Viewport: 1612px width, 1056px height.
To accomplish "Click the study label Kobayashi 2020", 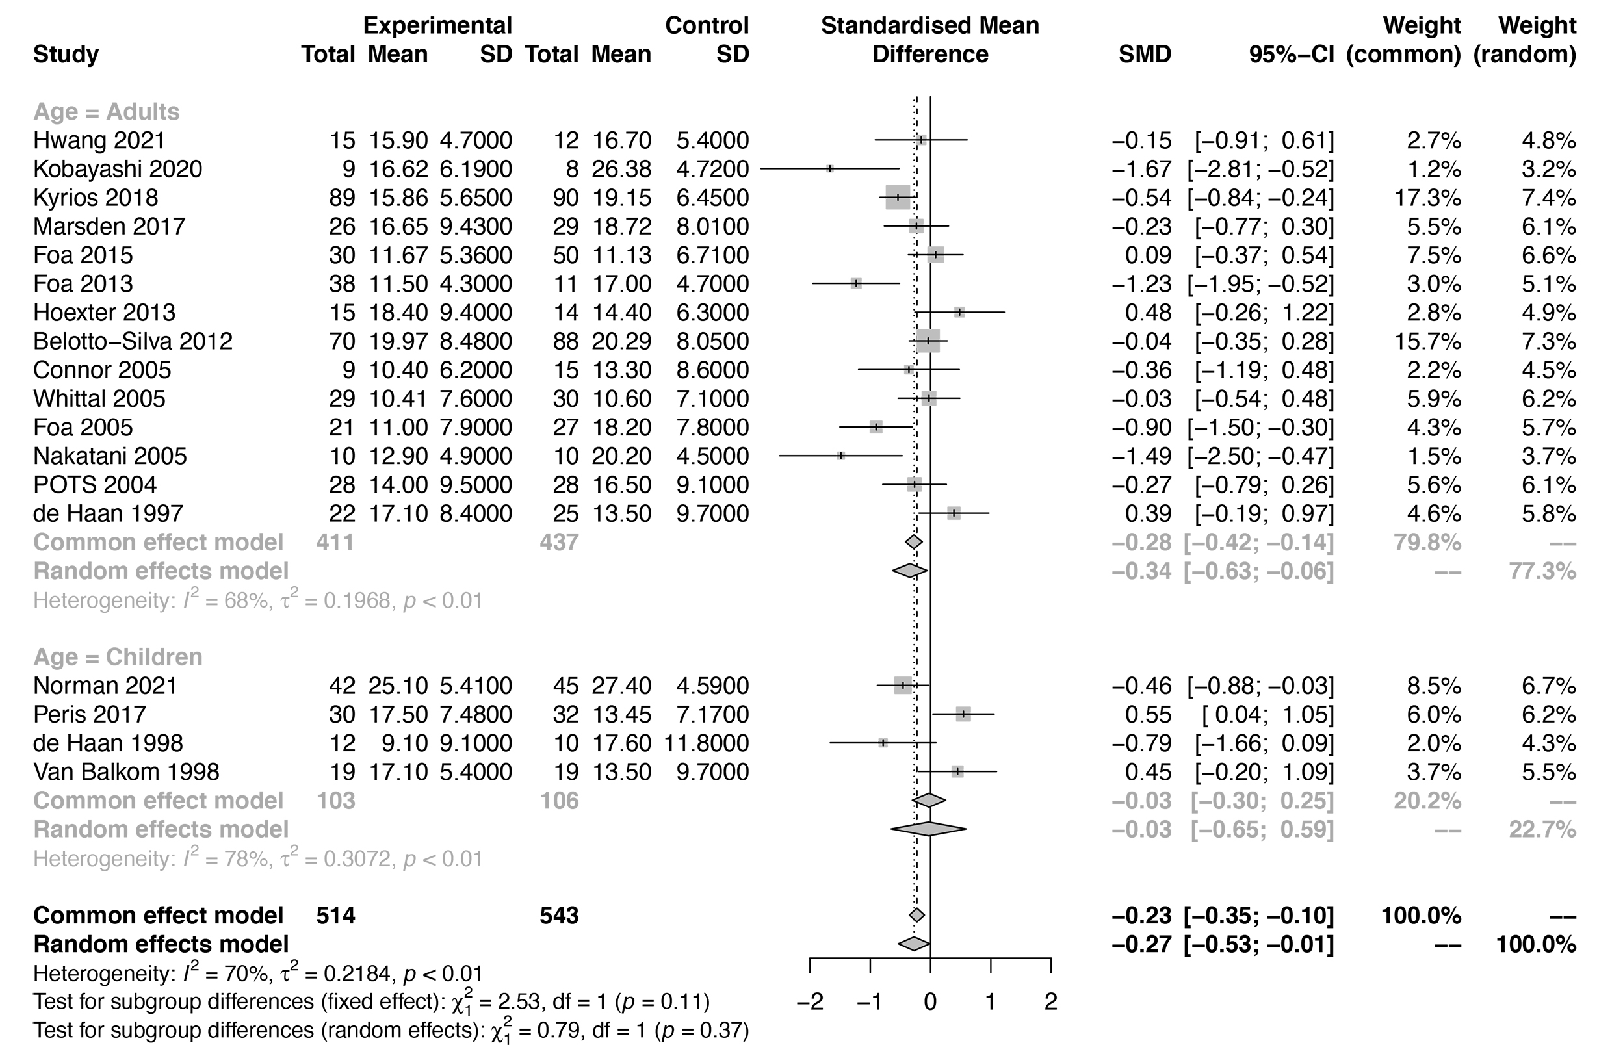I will [x=117, y=169].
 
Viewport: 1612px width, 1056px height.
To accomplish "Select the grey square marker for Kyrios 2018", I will [x=898, y=198].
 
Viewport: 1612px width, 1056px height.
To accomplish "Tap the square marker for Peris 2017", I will [x=963, y=714].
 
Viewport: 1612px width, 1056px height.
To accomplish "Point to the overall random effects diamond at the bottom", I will [x=914, y=944].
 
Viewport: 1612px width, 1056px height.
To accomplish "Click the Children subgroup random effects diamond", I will [x=929, y=829].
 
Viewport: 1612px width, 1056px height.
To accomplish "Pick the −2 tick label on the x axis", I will [x=809, y=1001].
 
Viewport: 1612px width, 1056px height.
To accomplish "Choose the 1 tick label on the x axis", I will [x=990, y=1001].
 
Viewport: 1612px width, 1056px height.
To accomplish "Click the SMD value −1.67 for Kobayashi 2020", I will [x=1141, y=169].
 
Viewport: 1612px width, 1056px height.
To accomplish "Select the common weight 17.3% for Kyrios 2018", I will [x=1427, y=198].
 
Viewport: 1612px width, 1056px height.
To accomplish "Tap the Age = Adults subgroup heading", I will [x=107, y=111].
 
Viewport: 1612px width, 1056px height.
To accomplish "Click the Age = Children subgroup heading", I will [x=117, y=657].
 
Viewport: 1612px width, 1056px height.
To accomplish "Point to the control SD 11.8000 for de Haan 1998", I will [x=707, y=743].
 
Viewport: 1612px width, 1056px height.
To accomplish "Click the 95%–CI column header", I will [x=1291, y=54].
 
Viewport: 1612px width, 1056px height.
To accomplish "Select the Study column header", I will [x=66, y=54].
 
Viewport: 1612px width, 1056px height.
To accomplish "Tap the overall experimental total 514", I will [x=335, y=915].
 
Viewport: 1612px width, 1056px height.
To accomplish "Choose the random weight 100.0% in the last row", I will [x=1535, y=944].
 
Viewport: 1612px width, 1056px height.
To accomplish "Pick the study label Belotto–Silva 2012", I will [x=133, y=341].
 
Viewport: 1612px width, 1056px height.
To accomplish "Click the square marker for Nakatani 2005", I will [x=840, y=456].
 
